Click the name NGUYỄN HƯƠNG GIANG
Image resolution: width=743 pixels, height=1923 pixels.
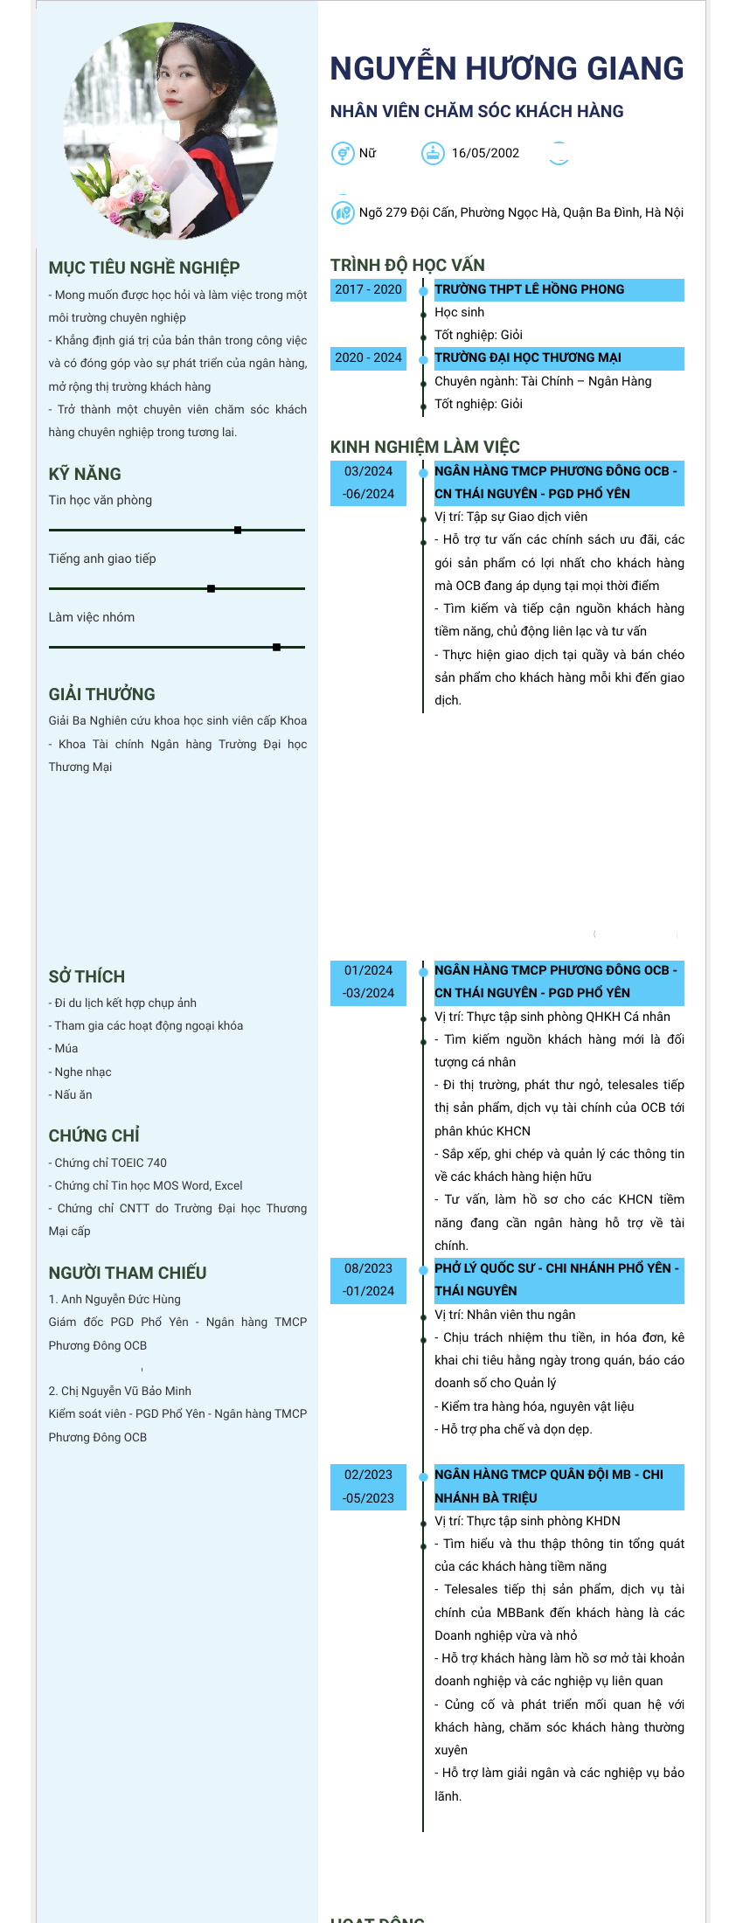(x=506, y=69)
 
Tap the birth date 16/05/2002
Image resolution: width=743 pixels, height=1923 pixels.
(x=485, y=153)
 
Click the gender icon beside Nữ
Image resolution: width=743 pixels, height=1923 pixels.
(x=342, y=153)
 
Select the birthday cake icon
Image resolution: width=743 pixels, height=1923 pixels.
(x=433, y=153)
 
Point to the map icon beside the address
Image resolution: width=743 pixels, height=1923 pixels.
(x=342, y=212)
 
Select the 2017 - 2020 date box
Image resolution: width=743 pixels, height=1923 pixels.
(x=368, y=289)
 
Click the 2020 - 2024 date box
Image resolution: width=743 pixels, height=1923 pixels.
(x=368, y=358)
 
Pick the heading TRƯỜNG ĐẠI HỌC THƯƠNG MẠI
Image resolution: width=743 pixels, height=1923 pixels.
(x=528, y=358)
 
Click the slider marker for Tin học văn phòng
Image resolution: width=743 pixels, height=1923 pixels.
(x=238, y=530)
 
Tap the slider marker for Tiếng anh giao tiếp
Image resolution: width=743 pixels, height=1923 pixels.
(x=211, y=588)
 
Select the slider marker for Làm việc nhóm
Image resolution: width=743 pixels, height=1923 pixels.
(x=276, y=647)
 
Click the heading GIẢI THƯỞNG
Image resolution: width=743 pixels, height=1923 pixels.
(x=101, y=694)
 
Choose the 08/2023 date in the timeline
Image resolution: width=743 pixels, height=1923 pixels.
(x=368, y=1268)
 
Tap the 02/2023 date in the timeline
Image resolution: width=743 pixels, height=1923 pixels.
(x=368, y=1475)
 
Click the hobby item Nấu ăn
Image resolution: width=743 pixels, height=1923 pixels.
(x=73, y=1094)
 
